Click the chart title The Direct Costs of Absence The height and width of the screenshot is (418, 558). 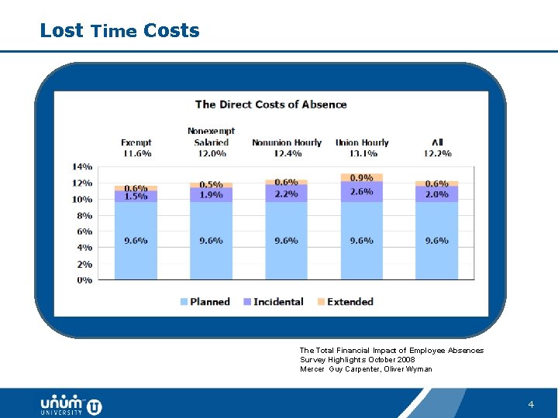pyautogui.click(x=270, y=104)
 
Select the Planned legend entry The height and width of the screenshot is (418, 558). pyautogui.click(x=205, y=302)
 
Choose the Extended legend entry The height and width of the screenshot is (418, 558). pyautogui.click(x=345, y=302)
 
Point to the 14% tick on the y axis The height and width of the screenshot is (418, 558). pyautogui.click(x=83, y=166)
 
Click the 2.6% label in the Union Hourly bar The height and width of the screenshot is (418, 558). pyautogui.click(x=362, y=191)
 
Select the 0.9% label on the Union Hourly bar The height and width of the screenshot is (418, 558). pyautogui.click(x=362, y=178)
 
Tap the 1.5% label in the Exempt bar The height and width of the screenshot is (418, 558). pyautogui.click(x=136, y=197)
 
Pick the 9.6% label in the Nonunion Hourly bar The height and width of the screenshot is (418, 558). pyautogui.click(x=286, y=241)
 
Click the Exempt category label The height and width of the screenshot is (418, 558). pyautogui.click(x=136, y=142)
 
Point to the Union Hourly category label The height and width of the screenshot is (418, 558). pyautogui.click(x=362, y=142)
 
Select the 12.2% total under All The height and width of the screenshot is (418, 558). pyautogui.click(x=437, y=153)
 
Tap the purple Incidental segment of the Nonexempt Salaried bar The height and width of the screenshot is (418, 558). pyautogui.click(x=211, y=195)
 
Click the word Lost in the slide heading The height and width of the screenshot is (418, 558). pyautogui.click(x=61, y=31)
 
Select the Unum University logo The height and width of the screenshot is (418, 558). pyautogui.click(x=71, y=405)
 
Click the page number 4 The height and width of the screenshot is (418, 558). pyautogui.click(x=531, y=405)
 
